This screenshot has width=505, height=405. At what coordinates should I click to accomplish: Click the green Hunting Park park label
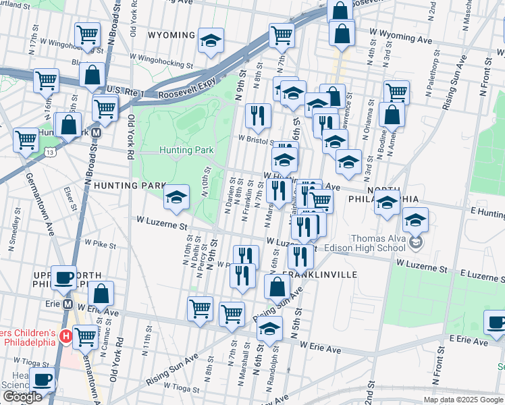186,150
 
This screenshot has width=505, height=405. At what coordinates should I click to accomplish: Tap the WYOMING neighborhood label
171,35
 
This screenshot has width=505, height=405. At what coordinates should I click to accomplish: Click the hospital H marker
66,335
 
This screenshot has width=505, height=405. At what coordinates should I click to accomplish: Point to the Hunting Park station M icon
97,133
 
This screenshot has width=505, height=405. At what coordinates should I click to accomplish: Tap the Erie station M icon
68,304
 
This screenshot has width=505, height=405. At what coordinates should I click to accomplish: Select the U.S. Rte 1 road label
126,90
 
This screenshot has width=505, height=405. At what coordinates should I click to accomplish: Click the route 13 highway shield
51,153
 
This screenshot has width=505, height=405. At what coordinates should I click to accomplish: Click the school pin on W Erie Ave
269,329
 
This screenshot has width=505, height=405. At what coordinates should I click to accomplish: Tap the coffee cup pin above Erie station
64,277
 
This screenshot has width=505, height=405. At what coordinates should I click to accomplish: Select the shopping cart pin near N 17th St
46,80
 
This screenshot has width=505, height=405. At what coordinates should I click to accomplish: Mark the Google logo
22,397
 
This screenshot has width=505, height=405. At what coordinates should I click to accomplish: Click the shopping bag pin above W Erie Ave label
101,294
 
